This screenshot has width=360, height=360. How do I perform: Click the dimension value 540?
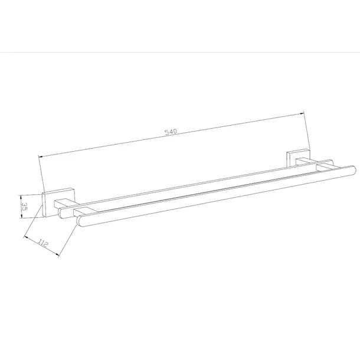coord(171,132)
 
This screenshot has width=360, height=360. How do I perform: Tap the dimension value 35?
coord(24,206)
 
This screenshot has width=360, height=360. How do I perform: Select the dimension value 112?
coord(42,243)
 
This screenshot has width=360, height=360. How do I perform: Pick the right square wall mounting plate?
coord(298,158)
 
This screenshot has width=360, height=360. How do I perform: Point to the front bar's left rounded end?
coord(80,221)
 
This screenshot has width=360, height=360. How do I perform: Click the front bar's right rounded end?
coord(354,170)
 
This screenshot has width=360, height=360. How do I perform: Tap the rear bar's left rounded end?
coord(60,213)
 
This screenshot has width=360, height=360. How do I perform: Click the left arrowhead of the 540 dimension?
coord(40,157)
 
